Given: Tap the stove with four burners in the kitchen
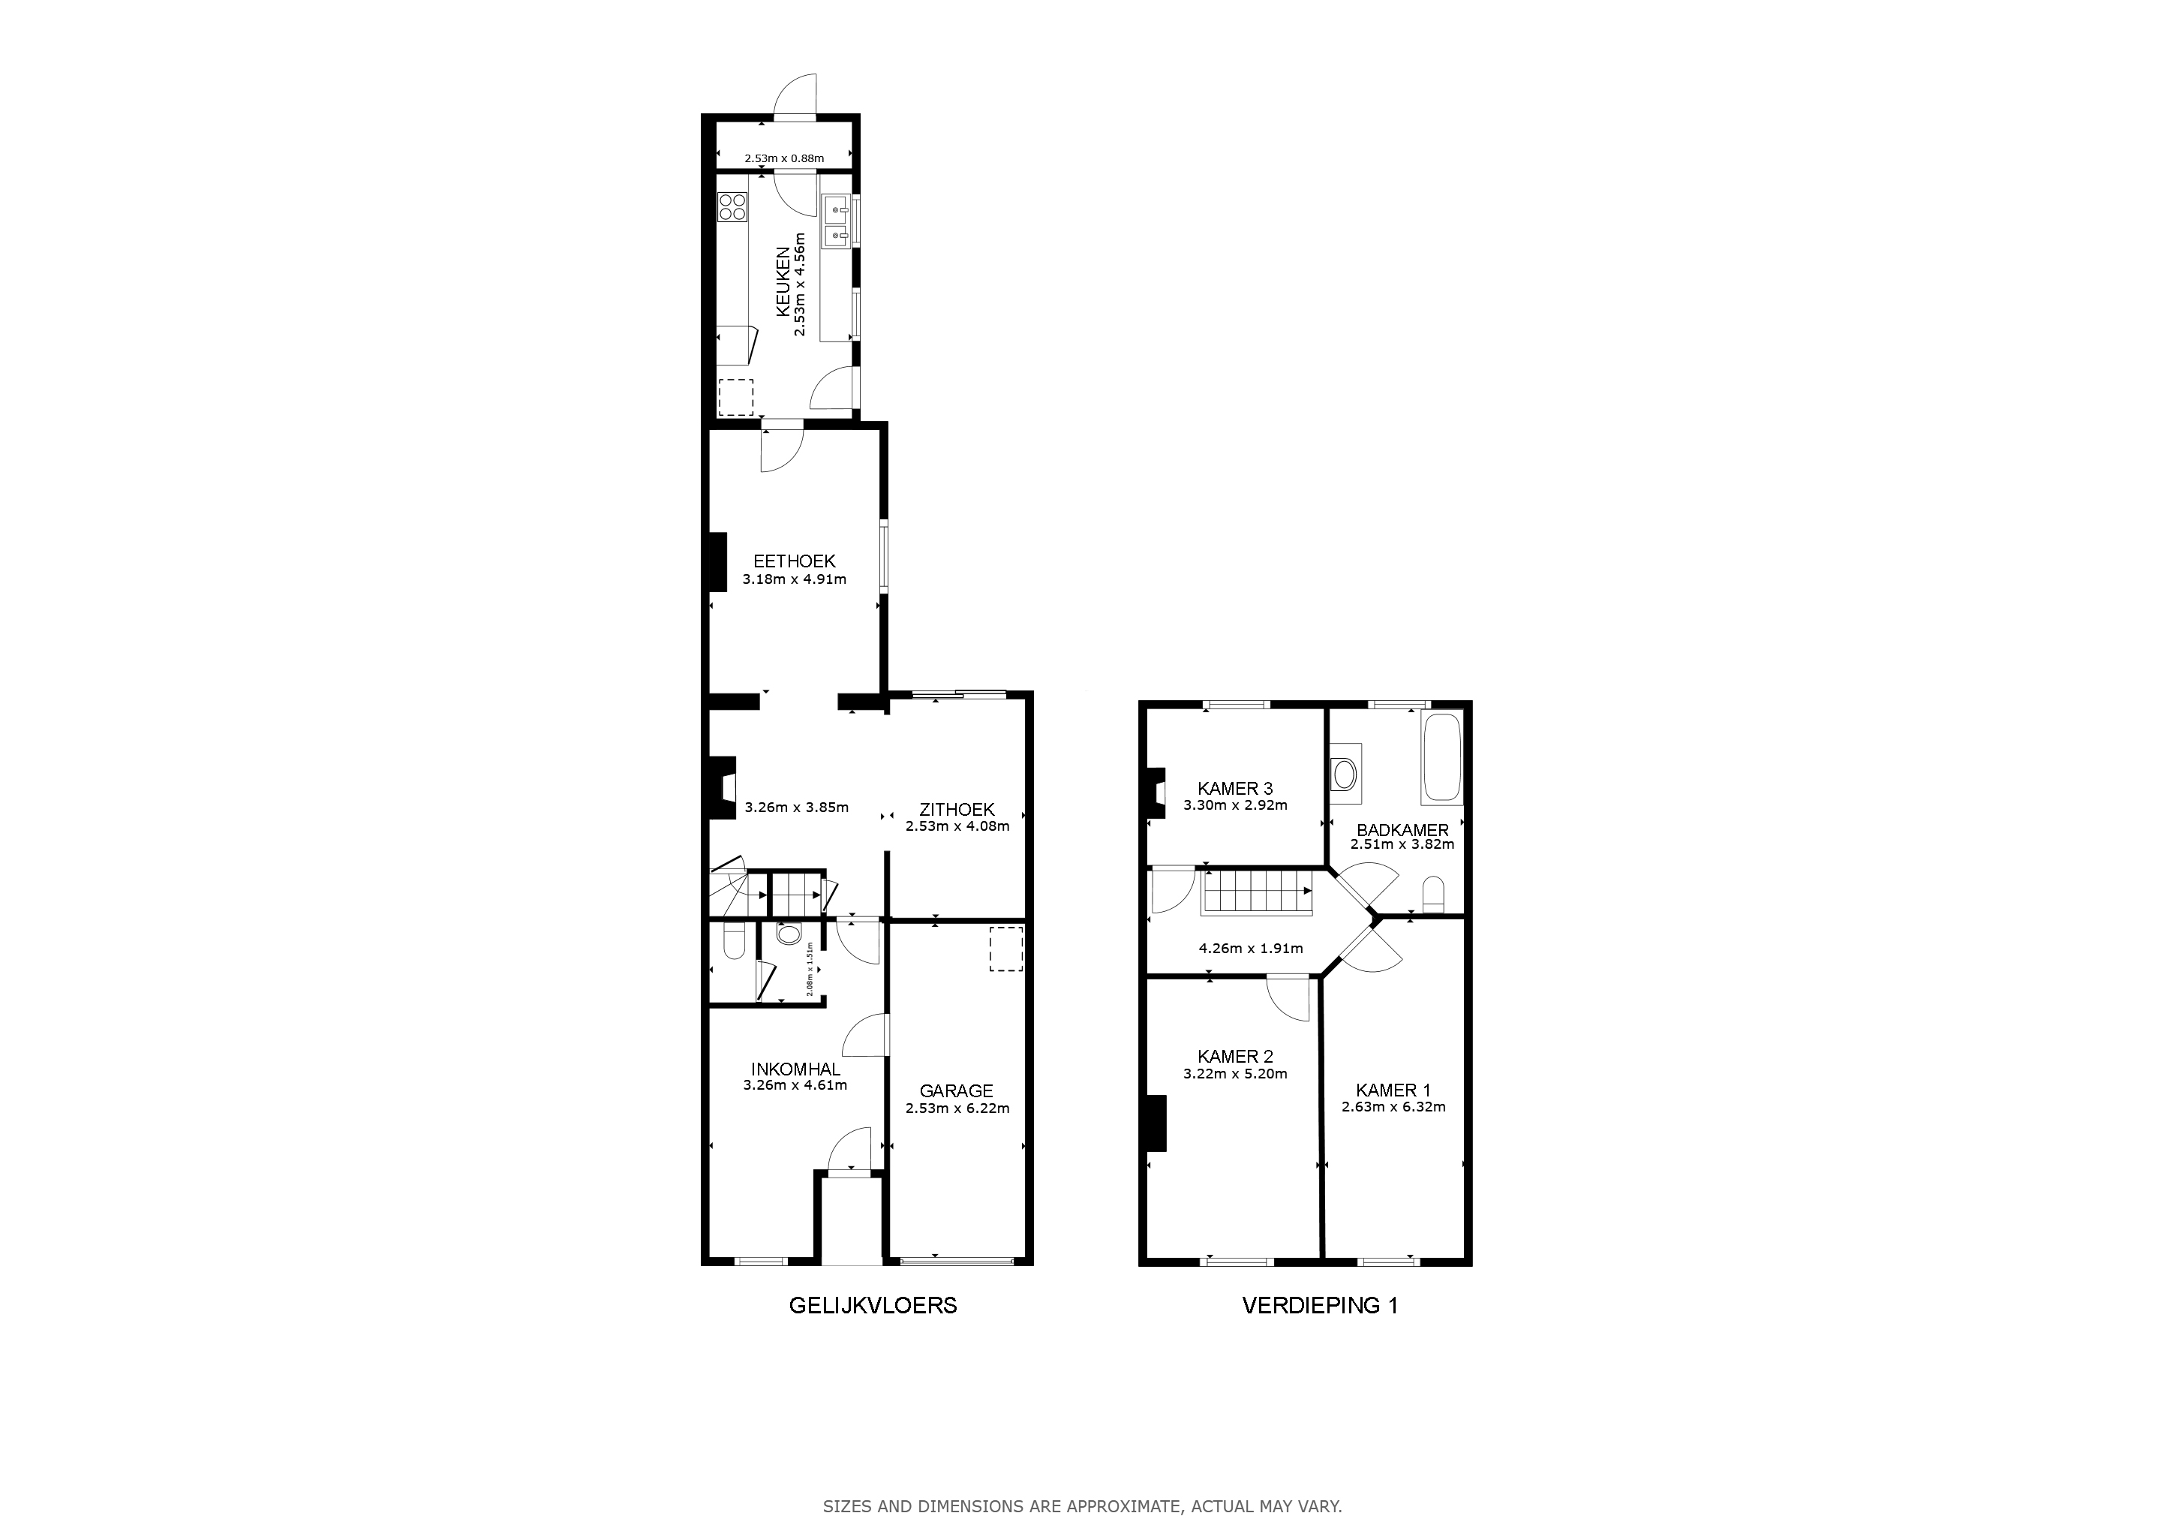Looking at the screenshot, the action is (x=732, y=207).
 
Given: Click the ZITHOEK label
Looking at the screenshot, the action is (x=957, y=809).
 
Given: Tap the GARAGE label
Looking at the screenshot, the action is (x=957, y=1091).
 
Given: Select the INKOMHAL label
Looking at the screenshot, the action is (x=795, y=1069).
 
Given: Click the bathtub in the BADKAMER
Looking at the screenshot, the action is (x=1441, y=759).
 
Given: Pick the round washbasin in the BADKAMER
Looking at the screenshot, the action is (x=1344, y=773).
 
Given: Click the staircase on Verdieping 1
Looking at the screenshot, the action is (x=1257, y=892).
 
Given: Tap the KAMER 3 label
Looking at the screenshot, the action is (x=1235, y=788).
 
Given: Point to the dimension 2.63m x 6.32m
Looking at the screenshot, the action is (x=1393, y=1106).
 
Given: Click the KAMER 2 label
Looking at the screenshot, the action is (x=1235, y=1056).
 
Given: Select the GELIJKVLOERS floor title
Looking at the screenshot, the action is (x=873, y=1305).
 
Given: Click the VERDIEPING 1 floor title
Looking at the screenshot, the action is (x=1319, y=1305).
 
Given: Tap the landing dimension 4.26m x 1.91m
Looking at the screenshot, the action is (x=1250, y=949).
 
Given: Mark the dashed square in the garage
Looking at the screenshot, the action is (x=1006, y=949).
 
